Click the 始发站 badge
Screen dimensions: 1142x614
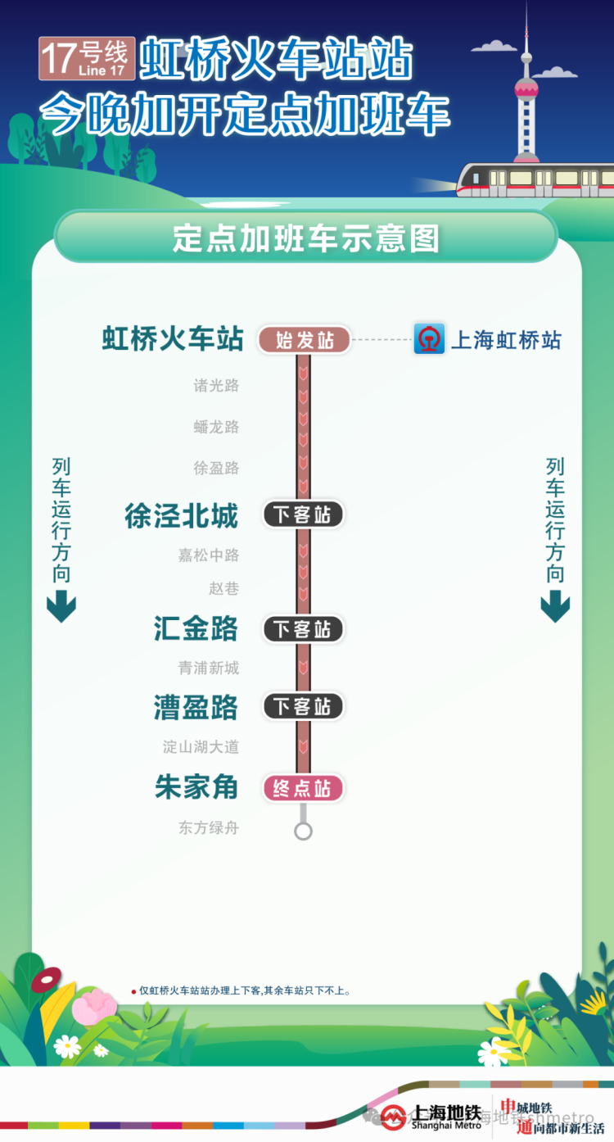(305, 340)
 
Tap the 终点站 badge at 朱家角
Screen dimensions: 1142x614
(303, 788)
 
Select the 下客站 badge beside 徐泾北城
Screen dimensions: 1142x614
(303, 514)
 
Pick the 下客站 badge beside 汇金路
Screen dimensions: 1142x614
(303, 629)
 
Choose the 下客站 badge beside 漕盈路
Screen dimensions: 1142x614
(303, 706)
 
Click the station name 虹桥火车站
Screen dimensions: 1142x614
(173, 339)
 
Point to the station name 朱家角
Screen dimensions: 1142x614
(196, 787)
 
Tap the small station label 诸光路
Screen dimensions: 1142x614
(216, 385)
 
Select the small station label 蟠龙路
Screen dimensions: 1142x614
(216, 427)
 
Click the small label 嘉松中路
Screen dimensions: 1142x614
(209, 555)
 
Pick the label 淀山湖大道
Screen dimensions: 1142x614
(201, 747)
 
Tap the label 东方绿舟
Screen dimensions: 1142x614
(209, 827)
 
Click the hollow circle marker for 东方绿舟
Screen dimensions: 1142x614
(303, 831)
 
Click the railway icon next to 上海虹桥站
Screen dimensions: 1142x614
(429, 339)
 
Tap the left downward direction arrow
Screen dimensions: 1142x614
(61, 606)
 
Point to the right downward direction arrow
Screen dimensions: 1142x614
(555, 607)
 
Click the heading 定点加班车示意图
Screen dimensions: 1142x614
(306, 238)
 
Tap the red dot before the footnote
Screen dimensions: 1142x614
(133, 991)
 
